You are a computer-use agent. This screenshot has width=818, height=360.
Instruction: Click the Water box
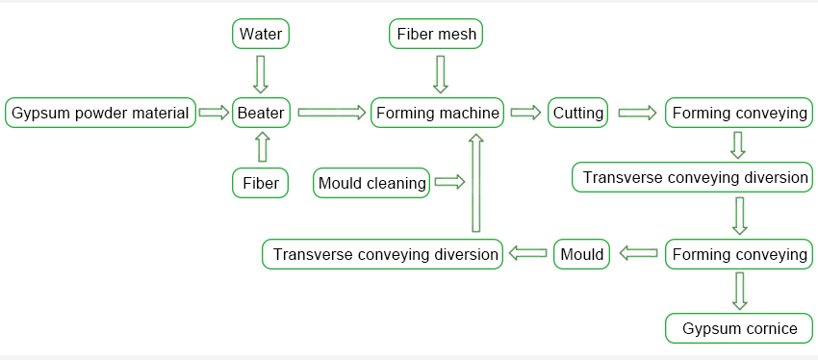(261, 35)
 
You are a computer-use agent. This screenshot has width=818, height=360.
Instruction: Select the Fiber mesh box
(436, 35)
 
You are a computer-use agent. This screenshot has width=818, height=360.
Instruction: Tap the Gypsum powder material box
(101, 113)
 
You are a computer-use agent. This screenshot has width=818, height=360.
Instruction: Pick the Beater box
(261, 113)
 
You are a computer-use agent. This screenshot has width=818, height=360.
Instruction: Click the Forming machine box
(438, 113)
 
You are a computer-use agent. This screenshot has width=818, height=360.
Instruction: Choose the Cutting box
(578, 113)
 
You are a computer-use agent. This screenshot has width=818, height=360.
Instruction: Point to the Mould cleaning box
(371, 183)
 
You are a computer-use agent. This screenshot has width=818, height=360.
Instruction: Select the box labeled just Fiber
(261, 183)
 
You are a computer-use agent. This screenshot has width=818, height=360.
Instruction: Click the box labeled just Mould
(581, 254)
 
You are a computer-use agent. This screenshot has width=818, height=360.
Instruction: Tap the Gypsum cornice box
(739, 328)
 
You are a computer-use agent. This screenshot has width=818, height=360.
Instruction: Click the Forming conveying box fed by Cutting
(739, 113)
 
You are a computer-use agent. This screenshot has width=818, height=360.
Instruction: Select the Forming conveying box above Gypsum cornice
(739, 254)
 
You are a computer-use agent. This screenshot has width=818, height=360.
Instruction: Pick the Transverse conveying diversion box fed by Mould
(382, 254)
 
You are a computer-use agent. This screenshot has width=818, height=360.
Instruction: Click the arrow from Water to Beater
(261, 74)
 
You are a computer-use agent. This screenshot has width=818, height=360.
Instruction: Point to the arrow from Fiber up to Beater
(263, 146)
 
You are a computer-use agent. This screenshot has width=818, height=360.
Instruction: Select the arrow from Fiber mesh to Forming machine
(441, 74)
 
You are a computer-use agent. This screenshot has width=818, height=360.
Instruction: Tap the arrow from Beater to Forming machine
(332, 113)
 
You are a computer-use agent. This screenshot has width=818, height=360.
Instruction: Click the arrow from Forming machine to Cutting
(525, 113)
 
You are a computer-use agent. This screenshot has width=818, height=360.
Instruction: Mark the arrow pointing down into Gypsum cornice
(740, 291)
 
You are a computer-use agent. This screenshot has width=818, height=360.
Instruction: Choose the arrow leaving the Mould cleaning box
(449, 182)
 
